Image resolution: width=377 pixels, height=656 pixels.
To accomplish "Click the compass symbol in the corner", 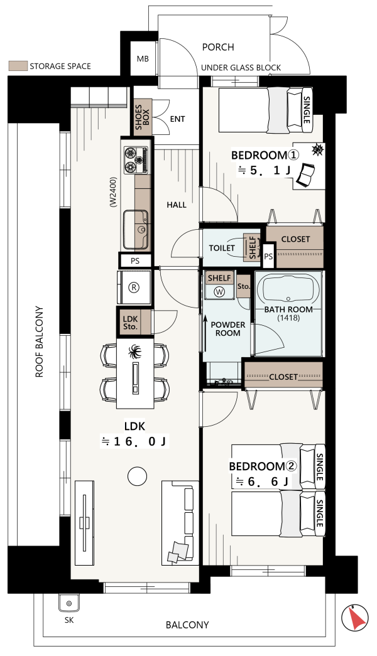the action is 355,618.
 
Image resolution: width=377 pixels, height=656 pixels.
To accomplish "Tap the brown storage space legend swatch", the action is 18,66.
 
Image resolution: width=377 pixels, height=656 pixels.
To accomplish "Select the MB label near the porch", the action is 143,59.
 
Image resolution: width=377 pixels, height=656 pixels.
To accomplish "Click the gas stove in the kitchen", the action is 136,160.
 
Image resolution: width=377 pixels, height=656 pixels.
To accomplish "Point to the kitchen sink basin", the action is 135,229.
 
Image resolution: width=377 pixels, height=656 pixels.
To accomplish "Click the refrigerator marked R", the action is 134,288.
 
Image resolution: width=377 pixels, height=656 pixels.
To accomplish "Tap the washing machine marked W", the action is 219,292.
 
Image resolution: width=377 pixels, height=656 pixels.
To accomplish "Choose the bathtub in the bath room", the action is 288,288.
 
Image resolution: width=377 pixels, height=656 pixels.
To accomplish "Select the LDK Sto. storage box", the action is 130,322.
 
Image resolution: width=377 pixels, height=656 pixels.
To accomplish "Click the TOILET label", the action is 222,248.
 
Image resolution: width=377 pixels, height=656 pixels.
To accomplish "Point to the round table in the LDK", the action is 137,476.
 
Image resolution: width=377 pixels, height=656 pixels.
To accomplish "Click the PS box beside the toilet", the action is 268,256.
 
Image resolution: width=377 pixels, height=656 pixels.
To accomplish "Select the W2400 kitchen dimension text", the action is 112,191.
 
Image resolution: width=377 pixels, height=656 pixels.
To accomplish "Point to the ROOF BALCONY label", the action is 40,342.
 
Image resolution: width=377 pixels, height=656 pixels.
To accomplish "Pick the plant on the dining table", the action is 135,353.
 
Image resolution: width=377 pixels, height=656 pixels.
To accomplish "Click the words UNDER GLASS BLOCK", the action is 241,68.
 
